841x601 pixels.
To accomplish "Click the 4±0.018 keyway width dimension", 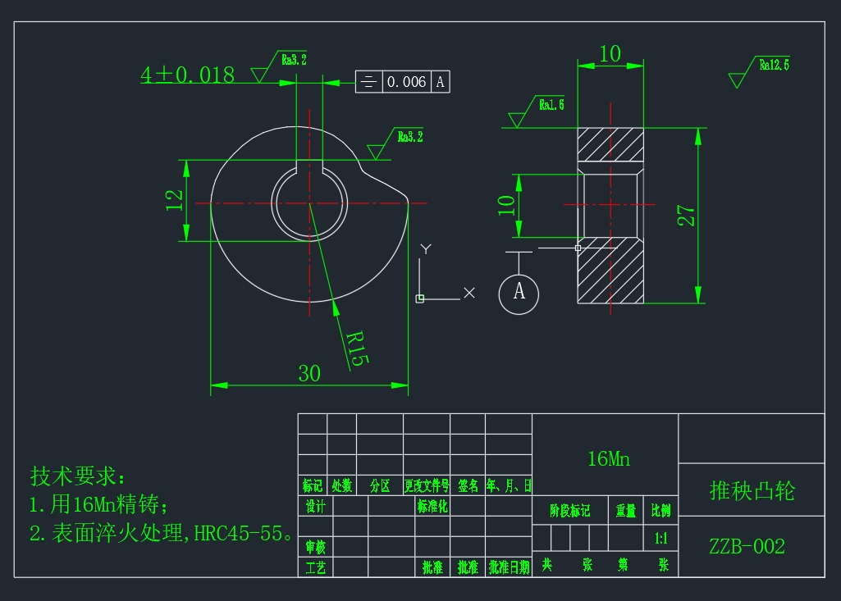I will (x=187, y=75).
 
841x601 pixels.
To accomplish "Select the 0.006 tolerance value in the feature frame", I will (x=406, y=82).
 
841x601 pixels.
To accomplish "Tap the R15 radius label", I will (x=353, y=348).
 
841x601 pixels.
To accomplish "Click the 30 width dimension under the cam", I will (x=309, y=374).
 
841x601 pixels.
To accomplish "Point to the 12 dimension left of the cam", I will (x=175, y=200).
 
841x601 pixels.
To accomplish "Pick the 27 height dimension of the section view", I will (x=687, y=216).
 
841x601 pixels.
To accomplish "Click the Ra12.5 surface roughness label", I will (x=774, y=65).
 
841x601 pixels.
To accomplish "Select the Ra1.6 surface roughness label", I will (x=551, y=104).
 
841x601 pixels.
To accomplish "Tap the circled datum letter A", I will (x=519, y=291).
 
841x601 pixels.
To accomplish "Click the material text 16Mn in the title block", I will (x=608, y=459).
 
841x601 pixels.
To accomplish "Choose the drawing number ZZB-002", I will (x=747, y=547).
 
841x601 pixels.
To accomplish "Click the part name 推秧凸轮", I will (x=752, y=491).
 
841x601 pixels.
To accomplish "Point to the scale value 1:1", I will (x=660, y=540).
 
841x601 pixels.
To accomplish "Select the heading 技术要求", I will (x=79, y=476).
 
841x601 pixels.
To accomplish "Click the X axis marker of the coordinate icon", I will (x=468, y=293).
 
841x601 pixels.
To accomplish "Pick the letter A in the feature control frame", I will (x=441, y=82).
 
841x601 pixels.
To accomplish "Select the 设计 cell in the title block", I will (x=315, y=506).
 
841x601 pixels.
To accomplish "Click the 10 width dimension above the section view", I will (x=610, y=54).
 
